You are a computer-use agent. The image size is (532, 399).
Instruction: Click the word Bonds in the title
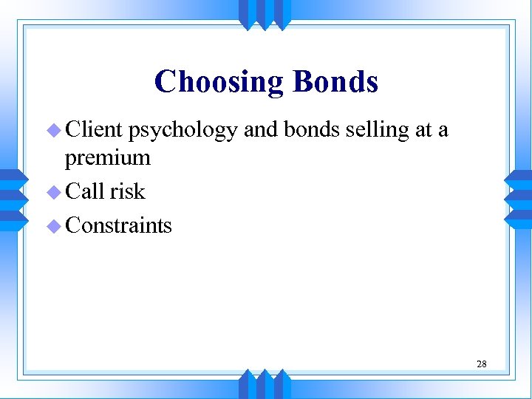point(335,82)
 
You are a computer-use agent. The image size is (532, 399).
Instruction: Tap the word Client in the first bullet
point(94,130)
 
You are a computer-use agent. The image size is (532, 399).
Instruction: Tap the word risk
point(128,191)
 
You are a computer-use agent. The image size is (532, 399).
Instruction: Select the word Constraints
point(119,225)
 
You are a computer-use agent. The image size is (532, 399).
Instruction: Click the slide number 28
point(481,364)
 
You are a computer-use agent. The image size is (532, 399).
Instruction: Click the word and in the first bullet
point(259,130)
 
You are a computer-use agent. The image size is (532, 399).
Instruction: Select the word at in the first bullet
point(423,131)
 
